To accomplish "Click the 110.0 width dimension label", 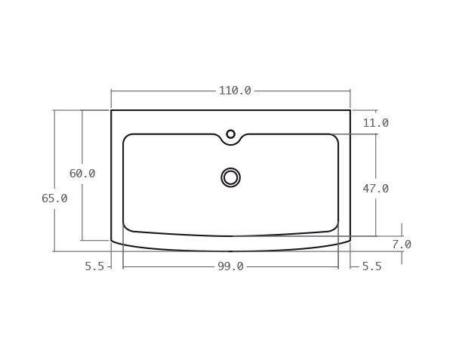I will pos(235,91).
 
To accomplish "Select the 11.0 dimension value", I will pos(375,123).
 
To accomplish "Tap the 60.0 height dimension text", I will pos(82,174).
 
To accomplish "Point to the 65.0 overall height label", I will pos(54,198).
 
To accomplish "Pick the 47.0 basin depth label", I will pos(375,189).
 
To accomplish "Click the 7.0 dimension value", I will pos(402,245).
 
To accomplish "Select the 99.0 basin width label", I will pos(230,266).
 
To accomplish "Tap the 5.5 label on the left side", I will pos(94,266).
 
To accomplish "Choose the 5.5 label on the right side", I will pos(371,266).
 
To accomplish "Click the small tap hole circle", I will pos(231,134).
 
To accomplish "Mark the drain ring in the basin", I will pos(231,177).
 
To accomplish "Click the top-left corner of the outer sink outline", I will pos(112,111).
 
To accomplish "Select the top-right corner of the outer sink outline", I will pos(350,111).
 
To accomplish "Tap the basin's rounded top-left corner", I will pos(127,137).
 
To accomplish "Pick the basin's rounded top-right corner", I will pos(334,137).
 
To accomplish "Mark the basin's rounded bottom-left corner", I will pos(127,228).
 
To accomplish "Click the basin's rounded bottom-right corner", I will pos(334,228).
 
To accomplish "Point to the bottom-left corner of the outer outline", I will pos(112,241).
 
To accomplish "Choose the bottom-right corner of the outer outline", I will pos(350,241).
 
